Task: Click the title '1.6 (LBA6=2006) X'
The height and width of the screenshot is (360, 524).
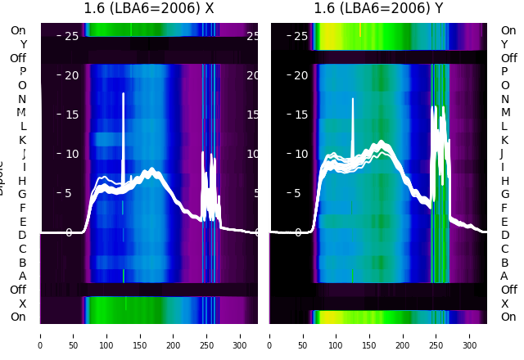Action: click(x=149, y=8)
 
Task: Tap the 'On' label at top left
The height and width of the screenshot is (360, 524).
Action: click(x=18, y=30)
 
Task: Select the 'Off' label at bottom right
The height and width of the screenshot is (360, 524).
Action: click(x=508, y=290)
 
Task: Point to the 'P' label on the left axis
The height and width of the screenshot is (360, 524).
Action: click(x=22, y=71)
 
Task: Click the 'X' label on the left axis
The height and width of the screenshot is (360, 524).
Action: click(x=22, y=304)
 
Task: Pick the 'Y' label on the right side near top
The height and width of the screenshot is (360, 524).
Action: click(x=505, y=44)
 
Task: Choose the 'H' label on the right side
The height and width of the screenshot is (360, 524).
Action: click(x=505, y=181)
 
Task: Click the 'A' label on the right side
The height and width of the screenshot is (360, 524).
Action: click(x=504, y=276)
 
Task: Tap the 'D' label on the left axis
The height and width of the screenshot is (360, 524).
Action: click(x=22, y=236)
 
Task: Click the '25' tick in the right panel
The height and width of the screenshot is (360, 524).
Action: click(x=300, y=36)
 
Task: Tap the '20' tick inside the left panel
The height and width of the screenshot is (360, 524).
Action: click(x=71, y=75)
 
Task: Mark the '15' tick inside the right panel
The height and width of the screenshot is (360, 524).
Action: click(x=300, y=114)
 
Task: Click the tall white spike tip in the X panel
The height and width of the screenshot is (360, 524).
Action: click(x=124, y=94)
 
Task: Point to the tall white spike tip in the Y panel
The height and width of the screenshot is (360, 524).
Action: click(x=353, y=100)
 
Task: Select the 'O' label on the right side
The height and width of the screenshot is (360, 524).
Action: click(x=505, y=85)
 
